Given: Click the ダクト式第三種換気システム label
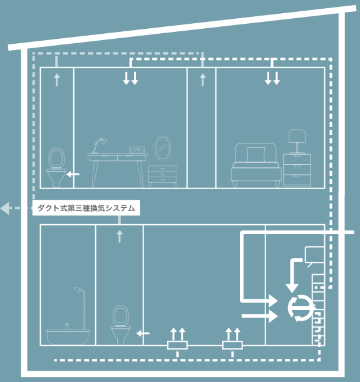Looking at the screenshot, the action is pyautogui.click(x=86, y=208).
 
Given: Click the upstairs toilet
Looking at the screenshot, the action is pyautogui.click(x=56, y=167).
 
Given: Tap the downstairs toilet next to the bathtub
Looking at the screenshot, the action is pyautogui.click(x=121, y=325).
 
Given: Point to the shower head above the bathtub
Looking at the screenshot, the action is pyautogui.click(x=78, y=290).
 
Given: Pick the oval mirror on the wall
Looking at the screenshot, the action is pyautogui.click(x=163, y=148).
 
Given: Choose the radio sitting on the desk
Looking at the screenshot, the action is pyautogui.click(x=137, y=150).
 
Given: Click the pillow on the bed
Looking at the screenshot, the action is pyautogui.click(x=255, y=155).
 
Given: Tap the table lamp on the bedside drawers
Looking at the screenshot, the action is pyautogui.click(x=297, y=142).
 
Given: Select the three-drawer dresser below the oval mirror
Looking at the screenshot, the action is pyautogui.click(x=163, y=176).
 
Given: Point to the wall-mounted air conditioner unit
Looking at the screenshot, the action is pyautogui.click(x=314, y=256).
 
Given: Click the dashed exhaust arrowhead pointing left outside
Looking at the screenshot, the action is pyautogui.click(x=5, y=209).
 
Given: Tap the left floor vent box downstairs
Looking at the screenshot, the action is pyautogui.click(x=177, y=345).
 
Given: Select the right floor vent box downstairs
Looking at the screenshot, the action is pyautogui.click(x=232, y=345).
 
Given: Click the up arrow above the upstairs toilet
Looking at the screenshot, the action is pyautogui.click(x=57, y=80).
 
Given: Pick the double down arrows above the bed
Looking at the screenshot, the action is pyautogui.click(x=272, y=78).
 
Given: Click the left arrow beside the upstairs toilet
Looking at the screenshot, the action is pyautogui.click(x=73, y=174).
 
